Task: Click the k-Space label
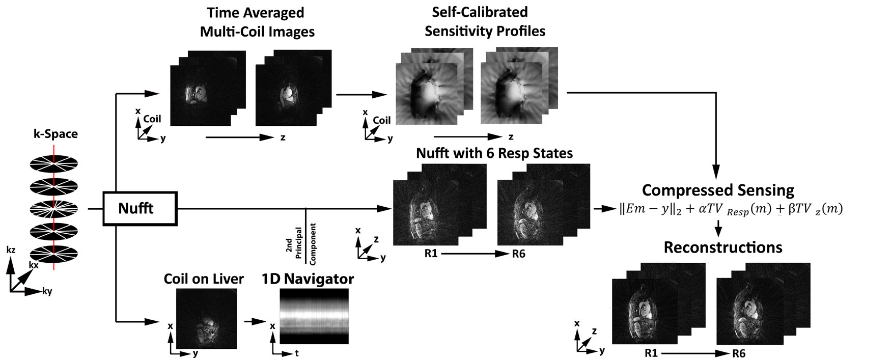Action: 55,134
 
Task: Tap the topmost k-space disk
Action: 54,163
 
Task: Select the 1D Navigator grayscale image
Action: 314,316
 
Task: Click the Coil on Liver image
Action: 206,318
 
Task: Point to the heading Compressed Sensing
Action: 718,190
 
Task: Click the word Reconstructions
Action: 723,247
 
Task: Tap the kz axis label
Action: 11,250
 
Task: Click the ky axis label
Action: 47,292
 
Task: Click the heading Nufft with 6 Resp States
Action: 494,153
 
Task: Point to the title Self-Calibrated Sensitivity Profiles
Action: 485,21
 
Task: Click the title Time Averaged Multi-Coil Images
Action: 257,22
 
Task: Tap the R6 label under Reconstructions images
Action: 739,353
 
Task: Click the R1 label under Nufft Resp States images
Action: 431,253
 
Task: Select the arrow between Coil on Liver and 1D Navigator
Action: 255,321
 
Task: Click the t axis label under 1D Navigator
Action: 297,353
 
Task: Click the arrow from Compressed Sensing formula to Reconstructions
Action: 718,228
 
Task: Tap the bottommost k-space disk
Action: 54,253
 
